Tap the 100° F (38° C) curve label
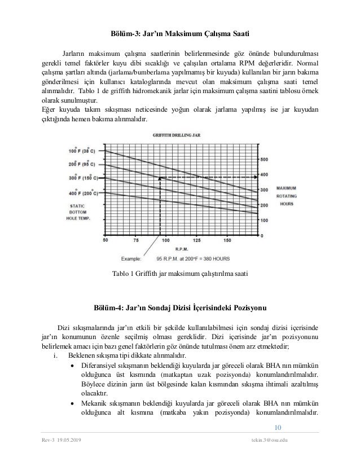(x=82, y=151)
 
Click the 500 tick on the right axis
(x=264, y=160)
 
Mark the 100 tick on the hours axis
(x=264, y=220)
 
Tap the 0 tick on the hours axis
(x=261, y=235)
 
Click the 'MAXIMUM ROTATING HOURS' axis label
(x=288, y=195)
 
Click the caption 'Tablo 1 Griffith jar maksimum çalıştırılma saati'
(x=179, y=274)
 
